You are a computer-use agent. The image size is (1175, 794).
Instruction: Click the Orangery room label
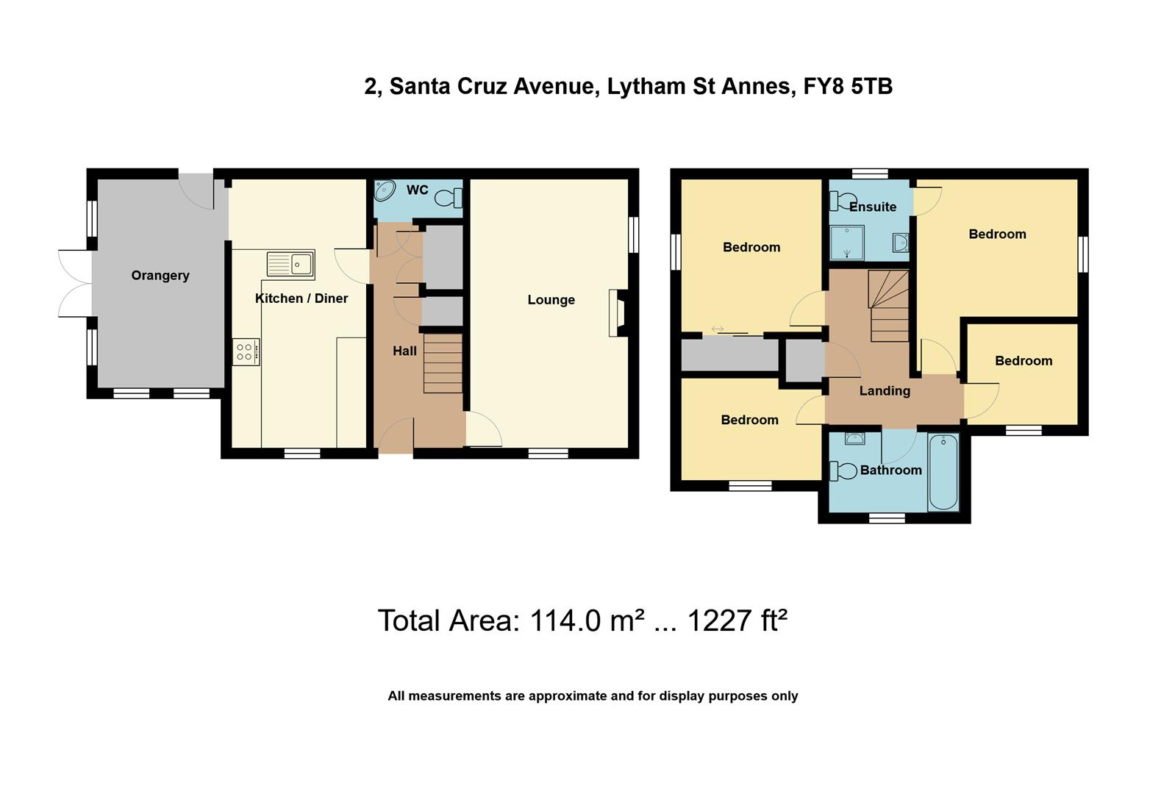point(160,276)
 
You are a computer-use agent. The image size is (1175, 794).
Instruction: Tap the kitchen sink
point(290,263)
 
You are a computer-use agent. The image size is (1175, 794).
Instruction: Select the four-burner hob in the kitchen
point(246,352)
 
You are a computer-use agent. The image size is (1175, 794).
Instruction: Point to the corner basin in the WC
point(385,191)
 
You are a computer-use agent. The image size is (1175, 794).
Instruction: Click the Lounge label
point(551,300)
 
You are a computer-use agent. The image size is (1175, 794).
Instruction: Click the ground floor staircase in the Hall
point(443,364)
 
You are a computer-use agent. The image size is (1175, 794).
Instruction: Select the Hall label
point(404,351)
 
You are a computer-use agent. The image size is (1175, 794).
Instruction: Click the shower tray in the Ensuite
point(846,243)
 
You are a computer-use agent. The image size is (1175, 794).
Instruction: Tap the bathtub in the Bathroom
point(943,472)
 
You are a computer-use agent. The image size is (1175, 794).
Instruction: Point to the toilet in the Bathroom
point(843,471)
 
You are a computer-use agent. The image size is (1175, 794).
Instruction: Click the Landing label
point(885,391)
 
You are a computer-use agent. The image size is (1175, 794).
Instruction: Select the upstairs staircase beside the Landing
point(888,307)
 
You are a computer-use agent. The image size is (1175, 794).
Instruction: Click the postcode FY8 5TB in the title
point(849,87)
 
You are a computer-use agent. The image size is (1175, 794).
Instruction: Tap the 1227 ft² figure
point(737,621)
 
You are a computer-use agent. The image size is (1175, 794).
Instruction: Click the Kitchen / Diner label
point(301,299)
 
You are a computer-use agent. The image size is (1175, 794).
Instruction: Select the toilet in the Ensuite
point(843,201)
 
